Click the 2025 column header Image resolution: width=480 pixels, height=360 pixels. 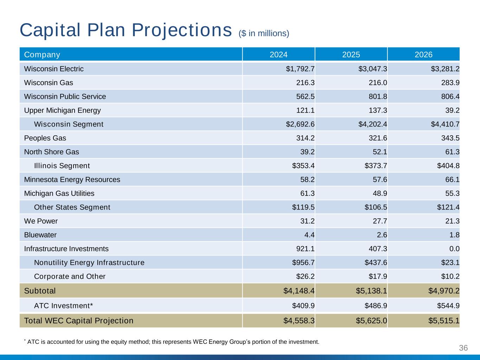click(351, 54)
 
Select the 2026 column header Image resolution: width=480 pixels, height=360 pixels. click(423, 54)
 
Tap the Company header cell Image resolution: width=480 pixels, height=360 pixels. click(42, 54)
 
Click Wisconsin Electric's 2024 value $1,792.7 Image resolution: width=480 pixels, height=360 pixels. click(300, 69)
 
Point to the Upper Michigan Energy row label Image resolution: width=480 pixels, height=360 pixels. click(62, 110)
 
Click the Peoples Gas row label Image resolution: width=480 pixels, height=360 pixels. click(45, 138)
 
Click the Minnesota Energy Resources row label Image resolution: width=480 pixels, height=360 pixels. click(72, 180)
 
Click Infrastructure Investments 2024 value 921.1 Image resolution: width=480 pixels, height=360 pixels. click(305, 249)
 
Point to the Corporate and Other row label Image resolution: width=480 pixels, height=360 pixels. click(70, 276)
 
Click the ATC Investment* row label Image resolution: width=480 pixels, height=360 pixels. click(63, 306)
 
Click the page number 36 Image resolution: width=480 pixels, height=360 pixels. click(463, 348)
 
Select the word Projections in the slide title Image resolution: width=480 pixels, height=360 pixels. click(181, 30)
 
